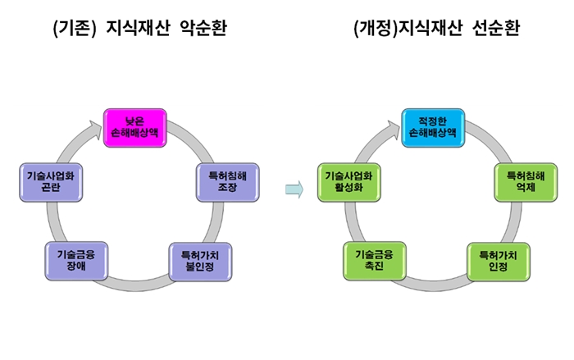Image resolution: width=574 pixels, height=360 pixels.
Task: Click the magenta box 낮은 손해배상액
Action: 135,128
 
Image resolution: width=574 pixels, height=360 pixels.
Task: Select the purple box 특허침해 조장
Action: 228,182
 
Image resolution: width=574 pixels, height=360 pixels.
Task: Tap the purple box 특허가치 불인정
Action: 200,262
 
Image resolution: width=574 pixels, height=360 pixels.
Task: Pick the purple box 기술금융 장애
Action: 76,261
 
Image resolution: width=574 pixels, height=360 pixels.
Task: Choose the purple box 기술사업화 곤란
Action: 51,182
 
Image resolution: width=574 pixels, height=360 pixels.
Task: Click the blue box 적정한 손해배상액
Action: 433,128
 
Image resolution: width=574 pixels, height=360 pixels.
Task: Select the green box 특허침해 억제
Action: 526,182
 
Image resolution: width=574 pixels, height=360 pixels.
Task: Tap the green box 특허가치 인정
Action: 499,262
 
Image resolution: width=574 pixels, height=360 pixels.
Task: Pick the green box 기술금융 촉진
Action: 375,261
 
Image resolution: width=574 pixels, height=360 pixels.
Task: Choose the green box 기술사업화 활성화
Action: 348,182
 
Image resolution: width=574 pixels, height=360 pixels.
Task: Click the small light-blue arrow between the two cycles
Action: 294,189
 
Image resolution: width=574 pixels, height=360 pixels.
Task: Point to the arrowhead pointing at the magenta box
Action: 96,130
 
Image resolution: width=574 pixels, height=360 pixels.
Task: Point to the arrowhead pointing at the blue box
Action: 394,130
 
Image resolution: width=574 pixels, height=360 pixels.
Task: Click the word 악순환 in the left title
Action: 203,28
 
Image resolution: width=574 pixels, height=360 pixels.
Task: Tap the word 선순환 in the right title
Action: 496,28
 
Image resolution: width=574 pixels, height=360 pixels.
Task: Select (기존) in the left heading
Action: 75,28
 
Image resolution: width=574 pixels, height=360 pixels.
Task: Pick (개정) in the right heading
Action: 376,28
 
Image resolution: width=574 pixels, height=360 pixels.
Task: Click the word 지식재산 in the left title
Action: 138,28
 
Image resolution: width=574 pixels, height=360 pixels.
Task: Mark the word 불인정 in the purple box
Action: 200,267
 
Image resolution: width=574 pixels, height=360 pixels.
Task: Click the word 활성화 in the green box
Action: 348,188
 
